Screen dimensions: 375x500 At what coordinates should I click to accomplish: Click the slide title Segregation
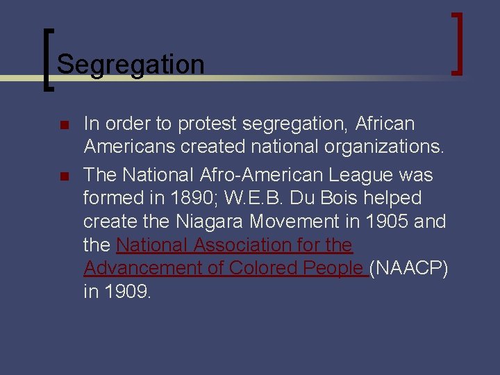click(131, 65)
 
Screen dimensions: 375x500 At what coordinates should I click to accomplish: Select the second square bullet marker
click(63, 176)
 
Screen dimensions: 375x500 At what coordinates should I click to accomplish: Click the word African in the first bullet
click(385, 124)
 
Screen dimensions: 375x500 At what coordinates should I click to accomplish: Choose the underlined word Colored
click(259, 268)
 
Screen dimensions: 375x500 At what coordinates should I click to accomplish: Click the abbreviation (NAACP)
click(408, 268)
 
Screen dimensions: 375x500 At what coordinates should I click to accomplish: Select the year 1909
click(127, 292)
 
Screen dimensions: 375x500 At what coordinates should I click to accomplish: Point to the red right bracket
click(458, 43)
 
